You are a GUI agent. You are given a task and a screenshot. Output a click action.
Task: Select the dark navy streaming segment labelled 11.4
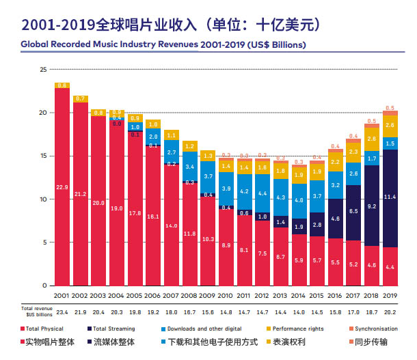coord(390,198)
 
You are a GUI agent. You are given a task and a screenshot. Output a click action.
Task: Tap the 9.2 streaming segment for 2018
coord(372,206)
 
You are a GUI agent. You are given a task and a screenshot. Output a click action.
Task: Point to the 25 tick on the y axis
coord(42,70)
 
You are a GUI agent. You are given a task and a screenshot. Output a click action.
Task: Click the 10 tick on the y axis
coord(42,199)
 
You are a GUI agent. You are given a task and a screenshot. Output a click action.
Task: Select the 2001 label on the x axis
coord(62,296)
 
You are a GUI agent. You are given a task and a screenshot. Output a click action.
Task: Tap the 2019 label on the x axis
coord(390,296)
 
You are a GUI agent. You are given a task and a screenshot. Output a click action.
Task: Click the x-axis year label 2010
coord(226,296)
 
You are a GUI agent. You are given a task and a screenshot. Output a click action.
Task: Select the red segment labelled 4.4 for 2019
coord(390,266)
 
